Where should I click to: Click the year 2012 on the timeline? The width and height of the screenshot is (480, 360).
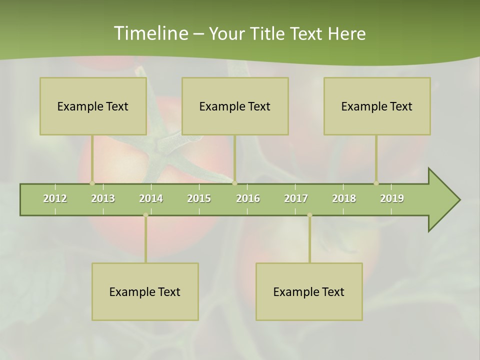click(x=55, y=198)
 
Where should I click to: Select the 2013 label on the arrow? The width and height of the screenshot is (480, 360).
click(x=103, y=198)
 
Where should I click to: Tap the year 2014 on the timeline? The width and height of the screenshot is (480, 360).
click(x=151, y=198)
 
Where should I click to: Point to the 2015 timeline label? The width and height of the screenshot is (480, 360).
click(x=199, y=198)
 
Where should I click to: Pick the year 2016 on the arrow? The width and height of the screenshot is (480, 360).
click(x=248, y=198)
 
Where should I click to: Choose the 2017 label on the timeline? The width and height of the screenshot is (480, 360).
click(x=296, y=198)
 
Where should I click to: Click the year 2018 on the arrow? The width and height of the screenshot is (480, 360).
click(x=344, y=198)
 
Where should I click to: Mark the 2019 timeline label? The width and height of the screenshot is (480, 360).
click(x=392, y=198)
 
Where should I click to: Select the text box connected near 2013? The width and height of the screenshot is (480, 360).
click(x=93, y=106)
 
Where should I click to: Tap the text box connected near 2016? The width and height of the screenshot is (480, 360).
click(x=235, y=106)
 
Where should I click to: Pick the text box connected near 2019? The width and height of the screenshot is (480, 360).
click(x=377, y=106)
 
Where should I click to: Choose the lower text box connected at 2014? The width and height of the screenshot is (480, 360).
click(x=145, y=291)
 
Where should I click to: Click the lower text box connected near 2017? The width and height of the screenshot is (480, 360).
click(x=309, y=291)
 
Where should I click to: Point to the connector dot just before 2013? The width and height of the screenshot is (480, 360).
click(x=92, y=183)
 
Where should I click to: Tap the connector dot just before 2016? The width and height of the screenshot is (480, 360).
click(x=234, y=183)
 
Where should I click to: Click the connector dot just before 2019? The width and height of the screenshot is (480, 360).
click(x=376, y=183)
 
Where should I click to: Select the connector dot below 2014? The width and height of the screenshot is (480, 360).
click(x=145, y=215)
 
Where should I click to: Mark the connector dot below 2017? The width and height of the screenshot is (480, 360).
click(x=309, y=215)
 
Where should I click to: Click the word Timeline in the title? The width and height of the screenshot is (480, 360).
click(x=150, y=33)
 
